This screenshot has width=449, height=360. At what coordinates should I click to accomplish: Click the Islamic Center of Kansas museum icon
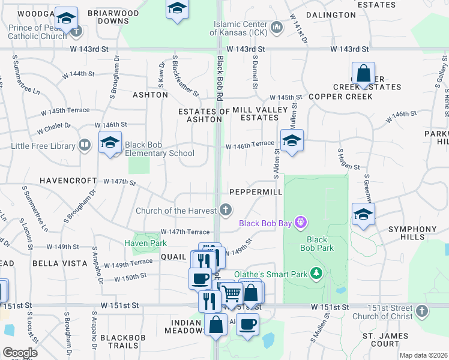(x=277, y=26)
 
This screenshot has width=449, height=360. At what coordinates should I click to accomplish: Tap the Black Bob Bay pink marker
(x=301, y=223)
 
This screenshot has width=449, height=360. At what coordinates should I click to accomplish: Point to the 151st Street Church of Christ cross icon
(x=423, y=311)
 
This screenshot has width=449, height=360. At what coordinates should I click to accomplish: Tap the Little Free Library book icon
(x=85, y=145)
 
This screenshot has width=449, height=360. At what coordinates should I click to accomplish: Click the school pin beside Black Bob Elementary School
(x=110, y=143)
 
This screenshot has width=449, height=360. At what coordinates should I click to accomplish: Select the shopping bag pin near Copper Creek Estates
(x=363, y=74)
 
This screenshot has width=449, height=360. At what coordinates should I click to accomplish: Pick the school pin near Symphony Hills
(x=363, y=215)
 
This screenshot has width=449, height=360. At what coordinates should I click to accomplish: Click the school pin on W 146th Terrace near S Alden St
(x=292, y=142)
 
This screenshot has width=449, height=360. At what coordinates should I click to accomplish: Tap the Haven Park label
(x=145, y=243)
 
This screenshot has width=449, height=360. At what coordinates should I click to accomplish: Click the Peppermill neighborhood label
(x=256, y=191)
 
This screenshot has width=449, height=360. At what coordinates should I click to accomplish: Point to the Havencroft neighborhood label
(x=68, y=181)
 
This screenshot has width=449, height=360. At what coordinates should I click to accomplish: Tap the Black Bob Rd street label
(x=220, y=78)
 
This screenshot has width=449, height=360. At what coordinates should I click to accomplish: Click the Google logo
(x=20, y=353)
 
